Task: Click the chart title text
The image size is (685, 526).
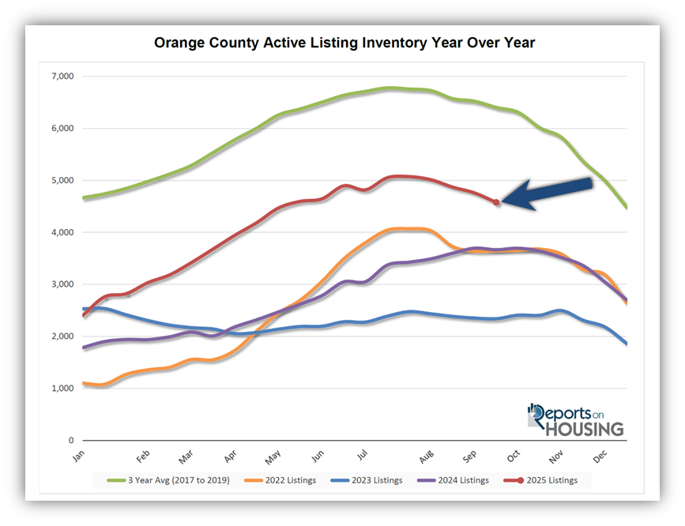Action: [344, 43]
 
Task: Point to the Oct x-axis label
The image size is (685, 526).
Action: [512, 457]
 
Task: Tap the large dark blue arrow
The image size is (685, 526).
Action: [547, 194]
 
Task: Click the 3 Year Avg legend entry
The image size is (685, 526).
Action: [173, 480]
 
